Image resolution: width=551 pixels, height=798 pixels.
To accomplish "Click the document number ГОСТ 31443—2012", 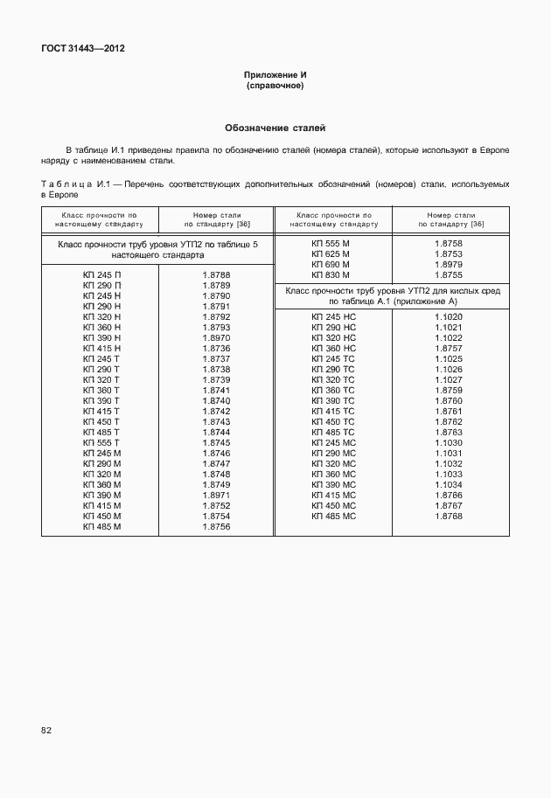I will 82,48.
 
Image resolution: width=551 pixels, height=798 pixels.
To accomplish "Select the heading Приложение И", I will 275,76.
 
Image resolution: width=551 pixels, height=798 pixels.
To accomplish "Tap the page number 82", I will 45,730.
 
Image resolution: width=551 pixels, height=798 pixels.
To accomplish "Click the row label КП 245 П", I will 101,275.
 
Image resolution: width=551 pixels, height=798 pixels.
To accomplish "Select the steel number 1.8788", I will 216,275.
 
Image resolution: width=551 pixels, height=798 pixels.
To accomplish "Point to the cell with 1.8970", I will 216,338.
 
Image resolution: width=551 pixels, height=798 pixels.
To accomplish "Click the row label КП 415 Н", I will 101,349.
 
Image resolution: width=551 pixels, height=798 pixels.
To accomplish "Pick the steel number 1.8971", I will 216,496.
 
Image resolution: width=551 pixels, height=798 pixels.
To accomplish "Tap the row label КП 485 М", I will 101,527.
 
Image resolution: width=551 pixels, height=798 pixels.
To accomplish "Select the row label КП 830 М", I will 331,275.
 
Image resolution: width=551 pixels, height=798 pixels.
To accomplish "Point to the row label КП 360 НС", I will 333,349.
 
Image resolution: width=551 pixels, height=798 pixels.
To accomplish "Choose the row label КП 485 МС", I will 333,517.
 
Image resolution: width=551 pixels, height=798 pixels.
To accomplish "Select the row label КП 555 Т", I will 101,443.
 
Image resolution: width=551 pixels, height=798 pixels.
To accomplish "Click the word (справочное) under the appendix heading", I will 275,87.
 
